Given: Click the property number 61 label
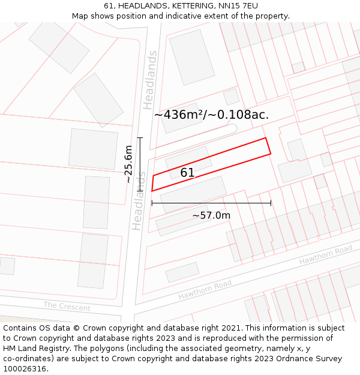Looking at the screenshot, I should pos(187,173).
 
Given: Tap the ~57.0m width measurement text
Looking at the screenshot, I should pos(211,215).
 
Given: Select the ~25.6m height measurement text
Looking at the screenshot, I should pos(128,164).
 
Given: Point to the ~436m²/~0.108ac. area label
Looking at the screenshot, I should pos(211,115).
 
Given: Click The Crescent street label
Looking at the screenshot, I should pos(67,307).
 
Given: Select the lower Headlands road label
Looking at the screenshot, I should pos(139,202).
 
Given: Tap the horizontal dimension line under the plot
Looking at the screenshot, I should pos(211,203).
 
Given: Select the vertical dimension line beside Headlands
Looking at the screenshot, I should pos(140,164).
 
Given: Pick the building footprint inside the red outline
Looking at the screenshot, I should pos(188,162).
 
